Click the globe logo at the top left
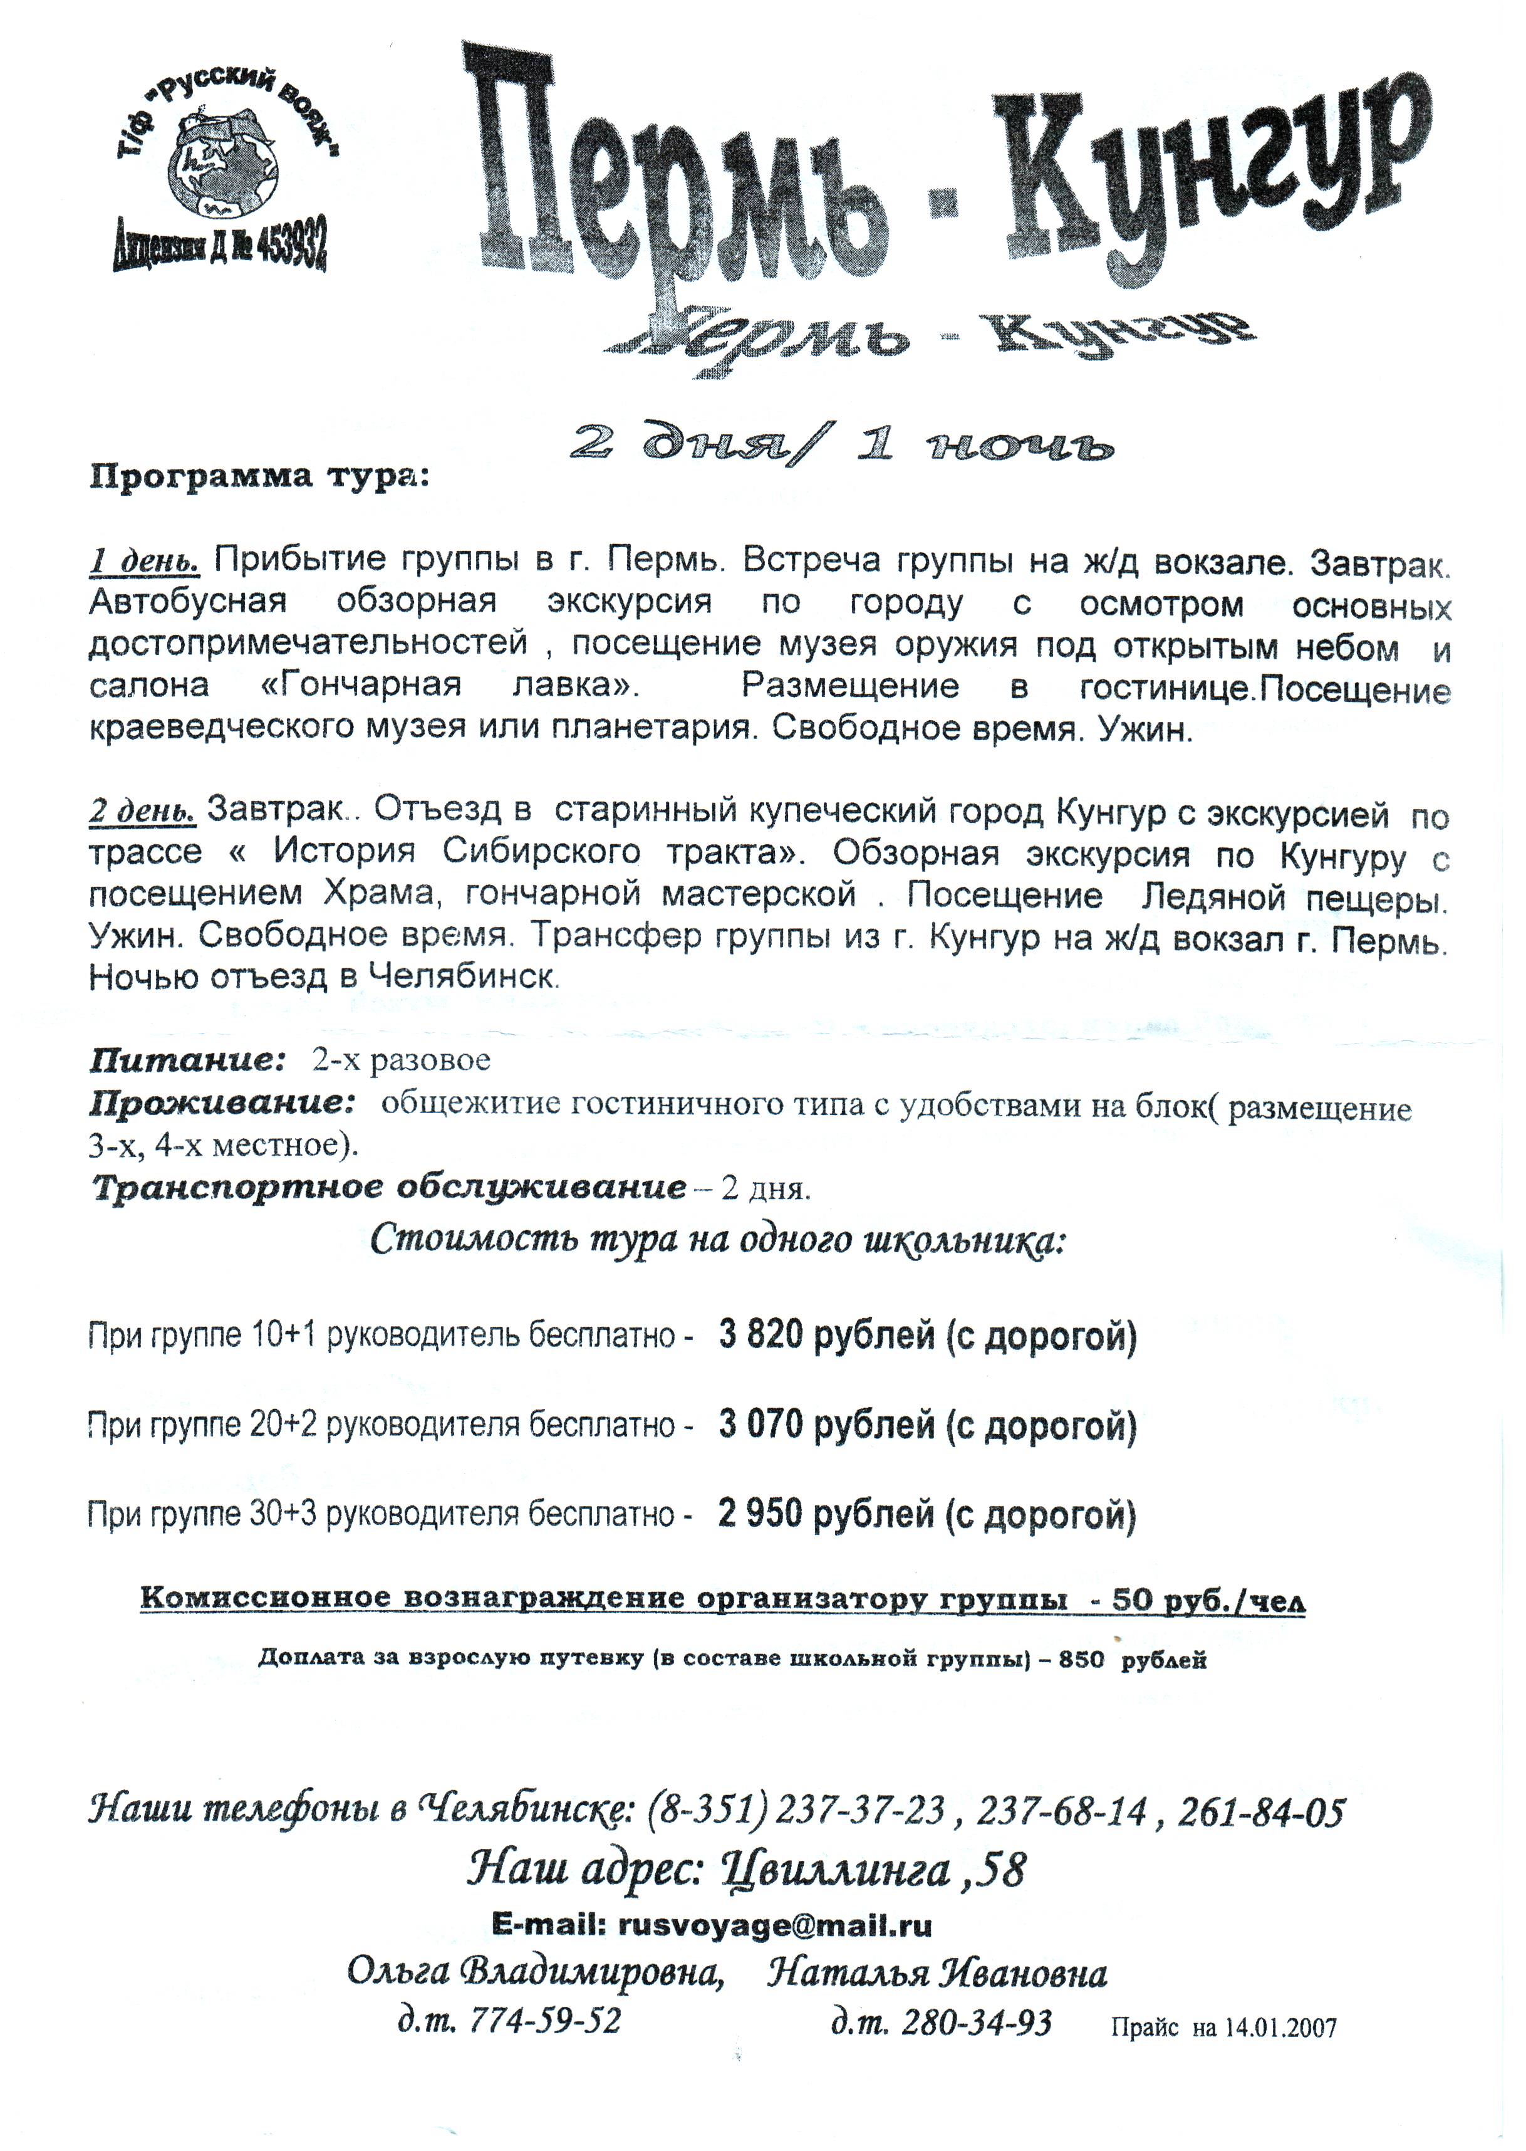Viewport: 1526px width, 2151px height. pyautogui.click(x=224, y=164)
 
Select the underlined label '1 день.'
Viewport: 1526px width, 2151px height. pyautogui.click(x=145, y=562)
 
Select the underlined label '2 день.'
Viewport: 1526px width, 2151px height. pyautogui.click(x=143, y=810)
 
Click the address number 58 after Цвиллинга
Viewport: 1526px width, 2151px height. pyautogui.click(x=1000, y=1870)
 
